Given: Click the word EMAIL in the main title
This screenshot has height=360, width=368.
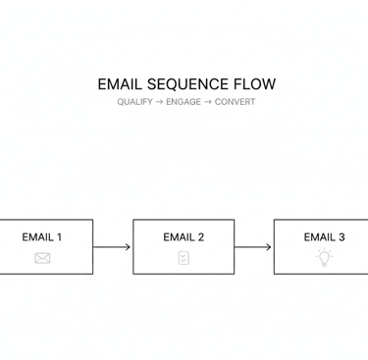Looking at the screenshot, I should [x=121, y=84].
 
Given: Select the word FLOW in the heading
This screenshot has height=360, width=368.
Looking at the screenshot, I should [x=255, y=84].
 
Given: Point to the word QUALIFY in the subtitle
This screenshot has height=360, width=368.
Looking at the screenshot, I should [x=134, y=102].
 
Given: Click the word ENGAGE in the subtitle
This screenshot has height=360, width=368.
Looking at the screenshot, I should [x=184, y=102].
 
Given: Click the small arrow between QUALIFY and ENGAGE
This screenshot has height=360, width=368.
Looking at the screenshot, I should [x=159, y=102].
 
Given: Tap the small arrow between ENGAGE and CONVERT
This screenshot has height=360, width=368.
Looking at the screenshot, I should [x=208, y=102].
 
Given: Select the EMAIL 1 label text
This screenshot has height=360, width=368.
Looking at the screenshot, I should [x=42, y=236].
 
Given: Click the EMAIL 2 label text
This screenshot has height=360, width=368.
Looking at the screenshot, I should [x=184, y=236].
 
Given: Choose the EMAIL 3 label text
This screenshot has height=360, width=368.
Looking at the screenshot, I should [x=324, y=236].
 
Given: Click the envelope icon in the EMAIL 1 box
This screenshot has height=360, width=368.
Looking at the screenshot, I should [x=42, y=258].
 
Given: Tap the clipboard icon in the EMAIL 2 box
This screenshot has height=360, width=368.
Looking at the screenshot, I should [x=184, y=258].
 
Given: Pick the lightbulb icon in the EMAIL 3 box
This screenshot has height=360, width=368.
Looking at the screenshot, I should [x=324, y=257].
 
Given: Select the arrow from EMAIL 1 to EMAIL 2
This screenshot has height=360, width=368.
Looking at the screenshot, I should [x=112, y=247].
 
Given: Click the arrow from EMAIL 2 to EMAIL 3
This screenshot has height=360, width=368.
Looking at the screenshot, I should [x=253, y=247].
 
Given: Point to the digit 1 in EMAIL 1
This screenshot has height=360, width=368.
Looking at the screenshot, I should [x=59, y=236].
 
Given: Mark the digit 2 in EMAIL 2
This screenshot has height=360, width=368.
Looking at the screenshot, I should [x=200, y=236].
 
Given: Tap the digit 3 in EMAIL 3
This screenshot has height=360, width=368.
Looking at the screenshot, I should [x=341, y=236].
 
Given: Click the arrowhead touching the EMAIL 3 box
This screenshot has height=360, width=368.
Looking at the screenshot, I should [x=269, y=247].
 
